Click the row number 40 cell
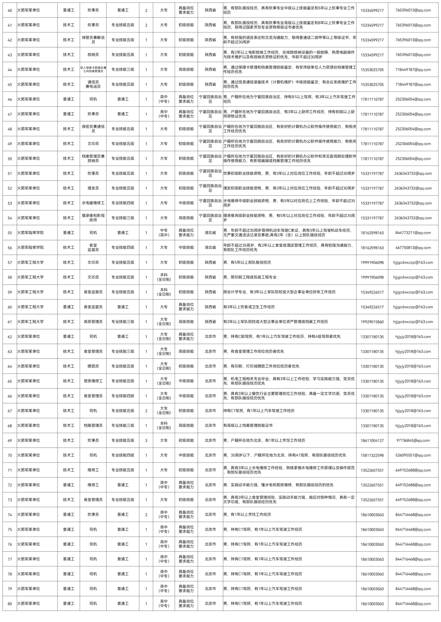(x=10, y=10)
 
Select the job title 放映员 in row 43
(x=93, y=55)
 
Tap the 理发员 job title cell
(x=93, y=188)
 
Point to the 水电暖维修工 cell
(x=93, y=203)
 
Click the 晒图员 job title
(x=93, y=366)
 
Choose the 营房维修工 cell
(x=93, y=381)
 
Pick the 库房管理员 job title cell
(x=93, y=322)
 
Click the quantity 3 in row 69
(x=146, y=441)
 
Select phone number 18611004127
(x=372, y=441)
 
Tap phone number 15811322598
(x=372, y=455)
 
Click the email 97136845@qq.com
(x=413, y=441)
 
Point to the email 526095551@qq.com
(x=413, y=455)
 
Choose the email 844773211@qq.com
(x=413, y=233)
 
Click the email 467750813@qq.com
(x=413, y=248)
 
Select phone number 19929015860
(x=372, y=322)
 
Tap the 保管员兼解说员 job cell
(x=93, y=40)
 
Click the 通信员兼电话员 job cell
(x=93, y=84)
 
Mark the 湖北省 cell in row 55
(x=210, y=233)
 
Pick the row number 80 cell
(x=10, y=604)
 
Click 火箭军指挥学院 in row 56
(x=31, y=248)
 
